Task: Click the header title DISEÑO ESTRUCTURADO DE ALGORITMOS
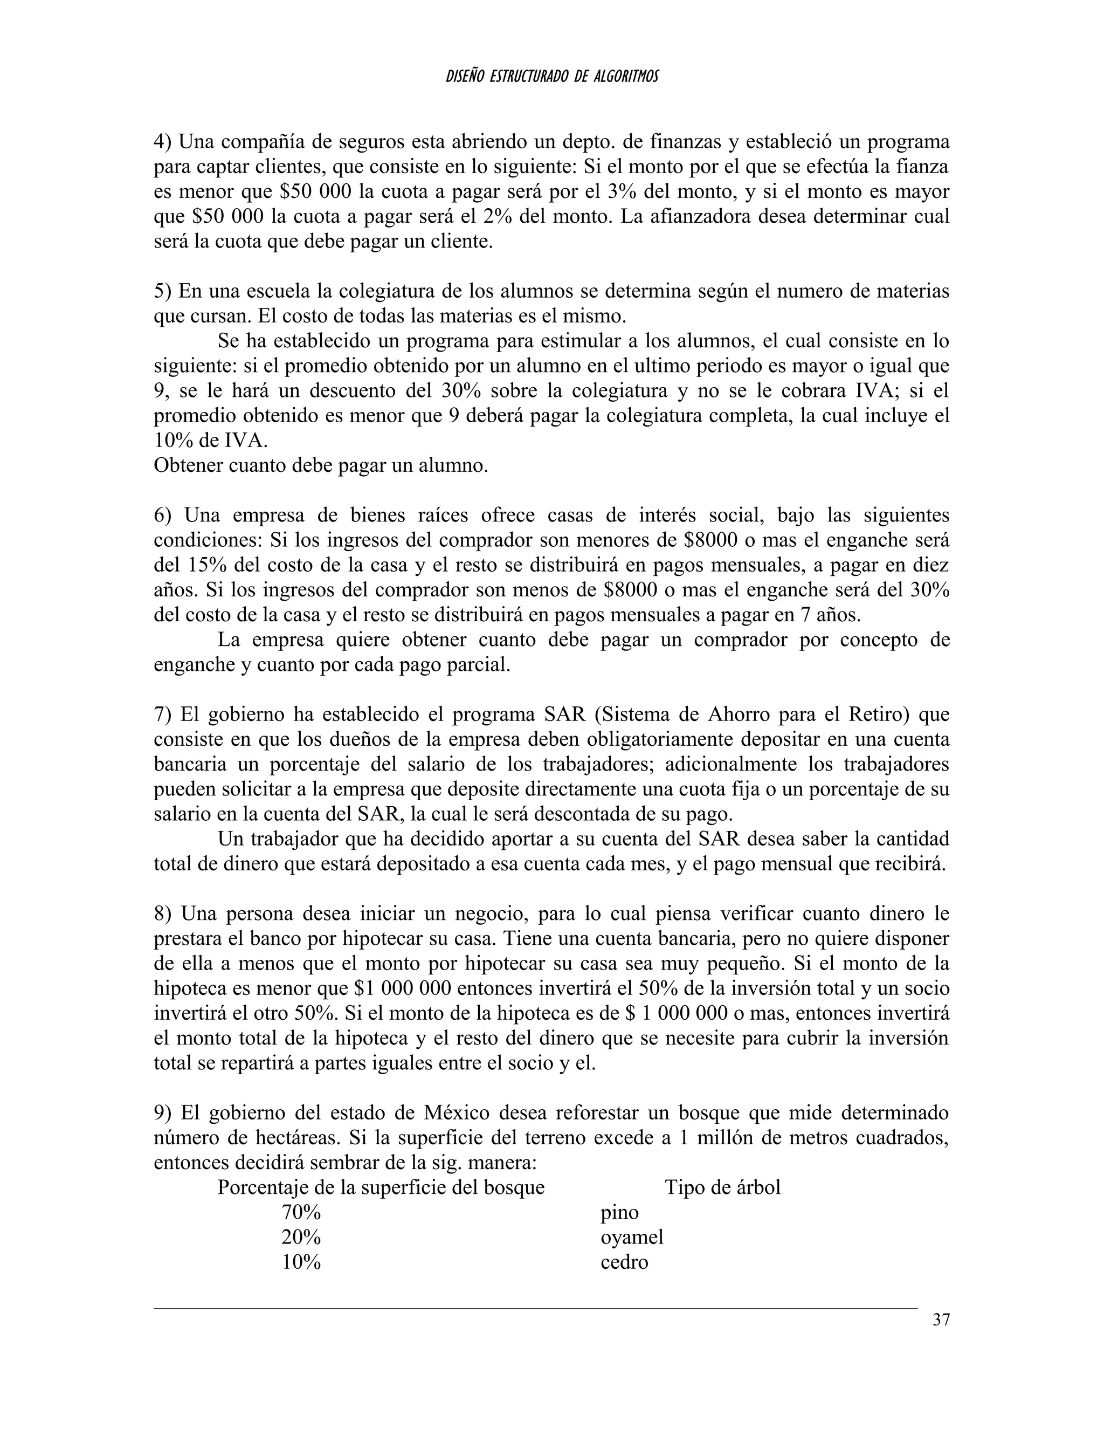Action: pyautogui.click(x=552, y=77)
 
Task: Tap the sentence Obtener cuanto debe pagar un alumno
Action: pyautogui.click(x=321, y=466)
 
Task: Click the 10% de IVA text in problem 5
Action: pyautogui.click(x=211, y=441)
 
